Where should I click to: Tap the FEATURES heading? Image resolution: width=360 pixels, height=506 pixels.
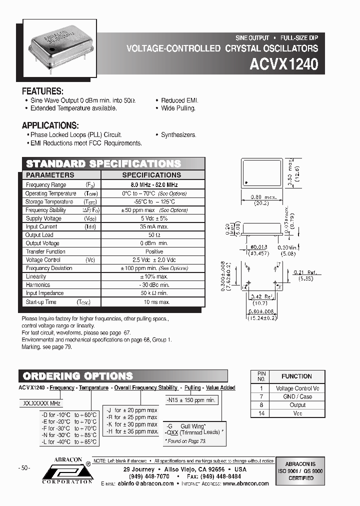click(42, 91)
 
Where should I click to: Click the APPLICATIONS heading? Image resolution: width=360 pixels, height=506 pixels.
click(50, 125)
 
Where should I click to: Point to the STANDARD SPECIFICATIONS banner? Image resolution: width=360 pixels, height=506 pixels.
click(103, 164)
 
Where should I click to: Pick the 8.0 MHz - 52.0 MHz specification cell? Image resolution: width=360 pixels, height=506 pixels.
click(151, 185)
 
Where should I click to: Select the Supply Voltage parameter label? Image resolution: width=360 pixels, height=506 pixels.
click(43, 218)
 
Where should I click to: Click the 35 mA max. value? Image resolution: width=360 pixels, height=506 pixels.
click(152, 226)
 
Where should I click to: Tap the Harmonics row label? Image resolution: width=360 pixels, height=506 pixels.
click(38, 285)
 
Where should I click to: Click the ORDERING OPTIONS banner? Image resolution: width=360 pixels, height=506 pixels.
click(79, 376)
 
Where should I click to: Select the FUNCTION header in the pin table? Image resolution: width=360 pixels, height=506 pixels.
click(296, 376)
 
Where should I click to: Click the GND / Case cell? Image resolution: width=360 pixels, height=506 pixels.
click(297, 396)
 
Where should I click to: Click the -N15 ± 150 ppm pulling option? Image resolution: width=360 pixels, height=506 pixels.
click(191, 400)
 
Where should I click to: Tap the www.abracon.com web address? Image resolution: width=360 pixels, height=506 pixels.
click(245, 483)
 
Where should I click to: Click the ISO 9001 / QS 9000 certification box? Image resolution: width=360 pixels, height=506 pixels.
click(300, 470)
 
